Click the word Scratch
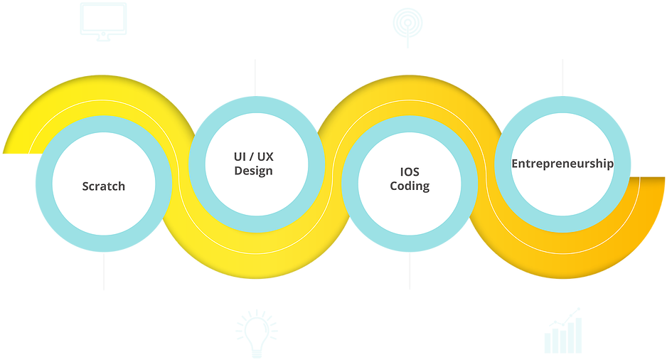pyautogui.click(x=103, y=186)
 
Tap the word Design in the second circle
pyautogui.click(x=253, y=171)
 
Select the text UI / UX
pyautogui.click(x=253, y=157)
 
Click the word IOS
pyautogui.click(x=410, y=172)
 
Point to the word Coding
pyautogui.click(x=410, y=186)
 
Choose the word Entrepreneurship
pyautogui.click(x=562, y=164)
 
